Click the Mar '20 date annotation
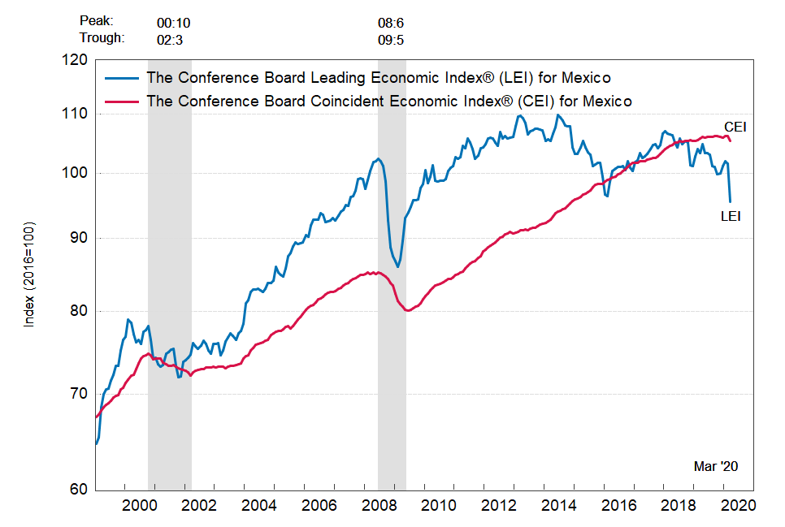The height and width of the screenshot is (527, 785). pos(716,467)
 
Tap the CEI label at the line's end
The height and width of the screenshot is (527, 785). pos(735,127)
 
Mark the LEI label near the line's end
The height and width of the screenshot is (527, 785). pos(731,216)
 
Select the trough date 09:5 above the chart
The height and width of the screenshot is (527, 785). pos(391,37)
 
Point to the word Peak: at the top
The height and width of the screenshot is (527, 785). pos(97,20)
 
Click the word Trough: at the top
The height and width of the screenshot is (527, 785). pos(102,37)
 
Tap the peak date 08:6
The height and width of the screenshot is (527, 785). pos(391,20)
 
